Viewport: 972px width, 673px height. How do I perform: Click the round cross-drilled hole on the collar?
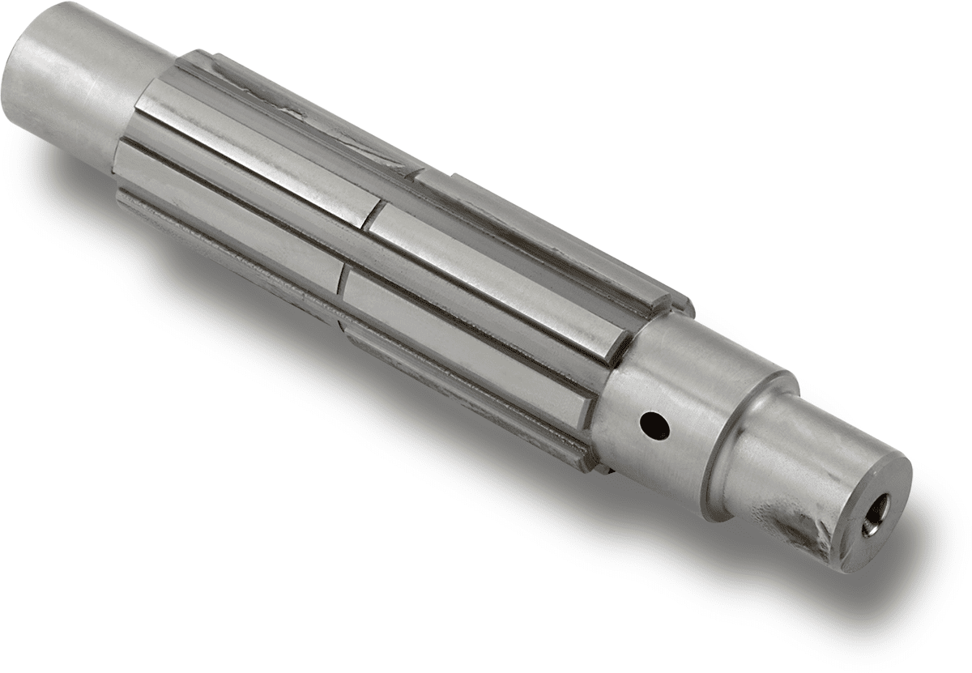(654, 423)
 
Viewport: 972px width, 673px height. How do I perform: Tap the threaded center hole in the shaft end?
(876, 515)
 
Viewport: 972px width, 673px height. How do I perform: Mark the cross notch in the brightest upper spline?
(373, 215)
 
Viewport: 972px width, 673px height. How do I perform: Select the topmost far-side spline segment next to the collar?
(551, 243)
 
